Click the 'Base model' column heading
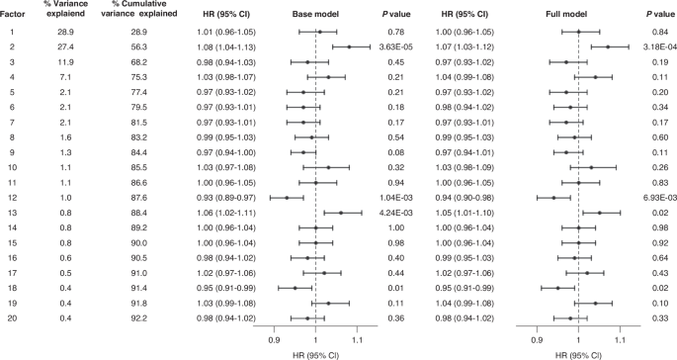click(314, 15)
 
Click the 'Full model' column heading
click(577, 15)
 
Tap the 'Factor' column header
click(13, 15)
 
